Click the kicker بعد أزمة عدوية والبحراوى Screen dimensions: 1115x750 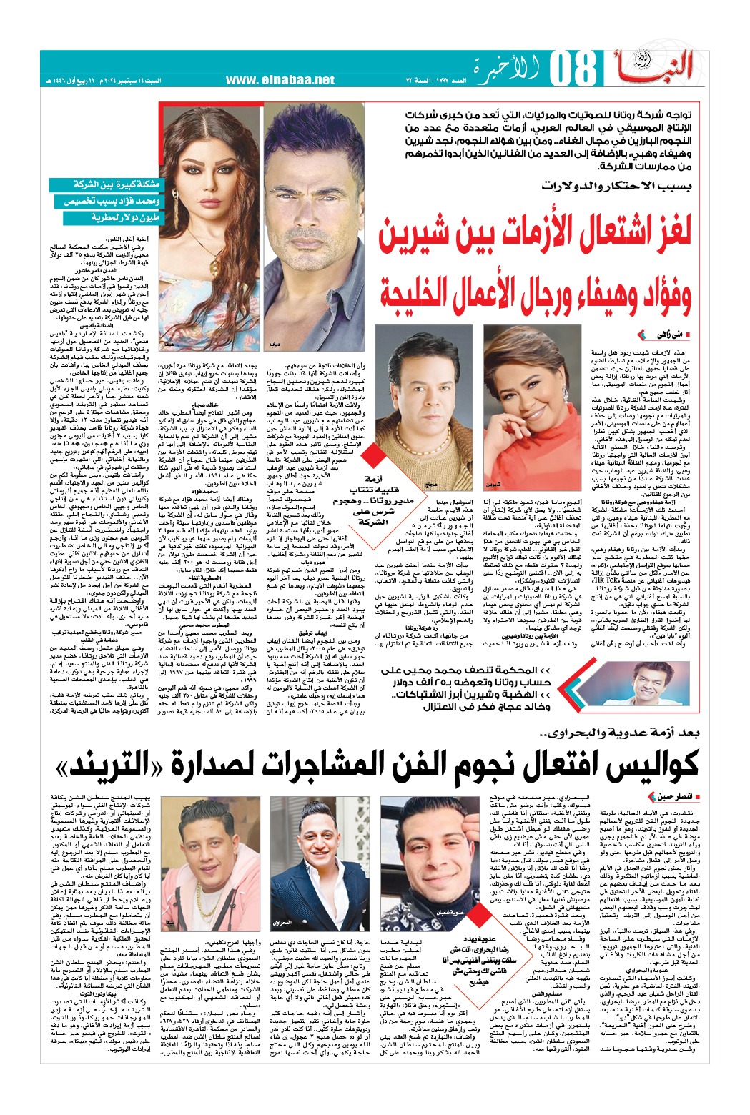point(618,733)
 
